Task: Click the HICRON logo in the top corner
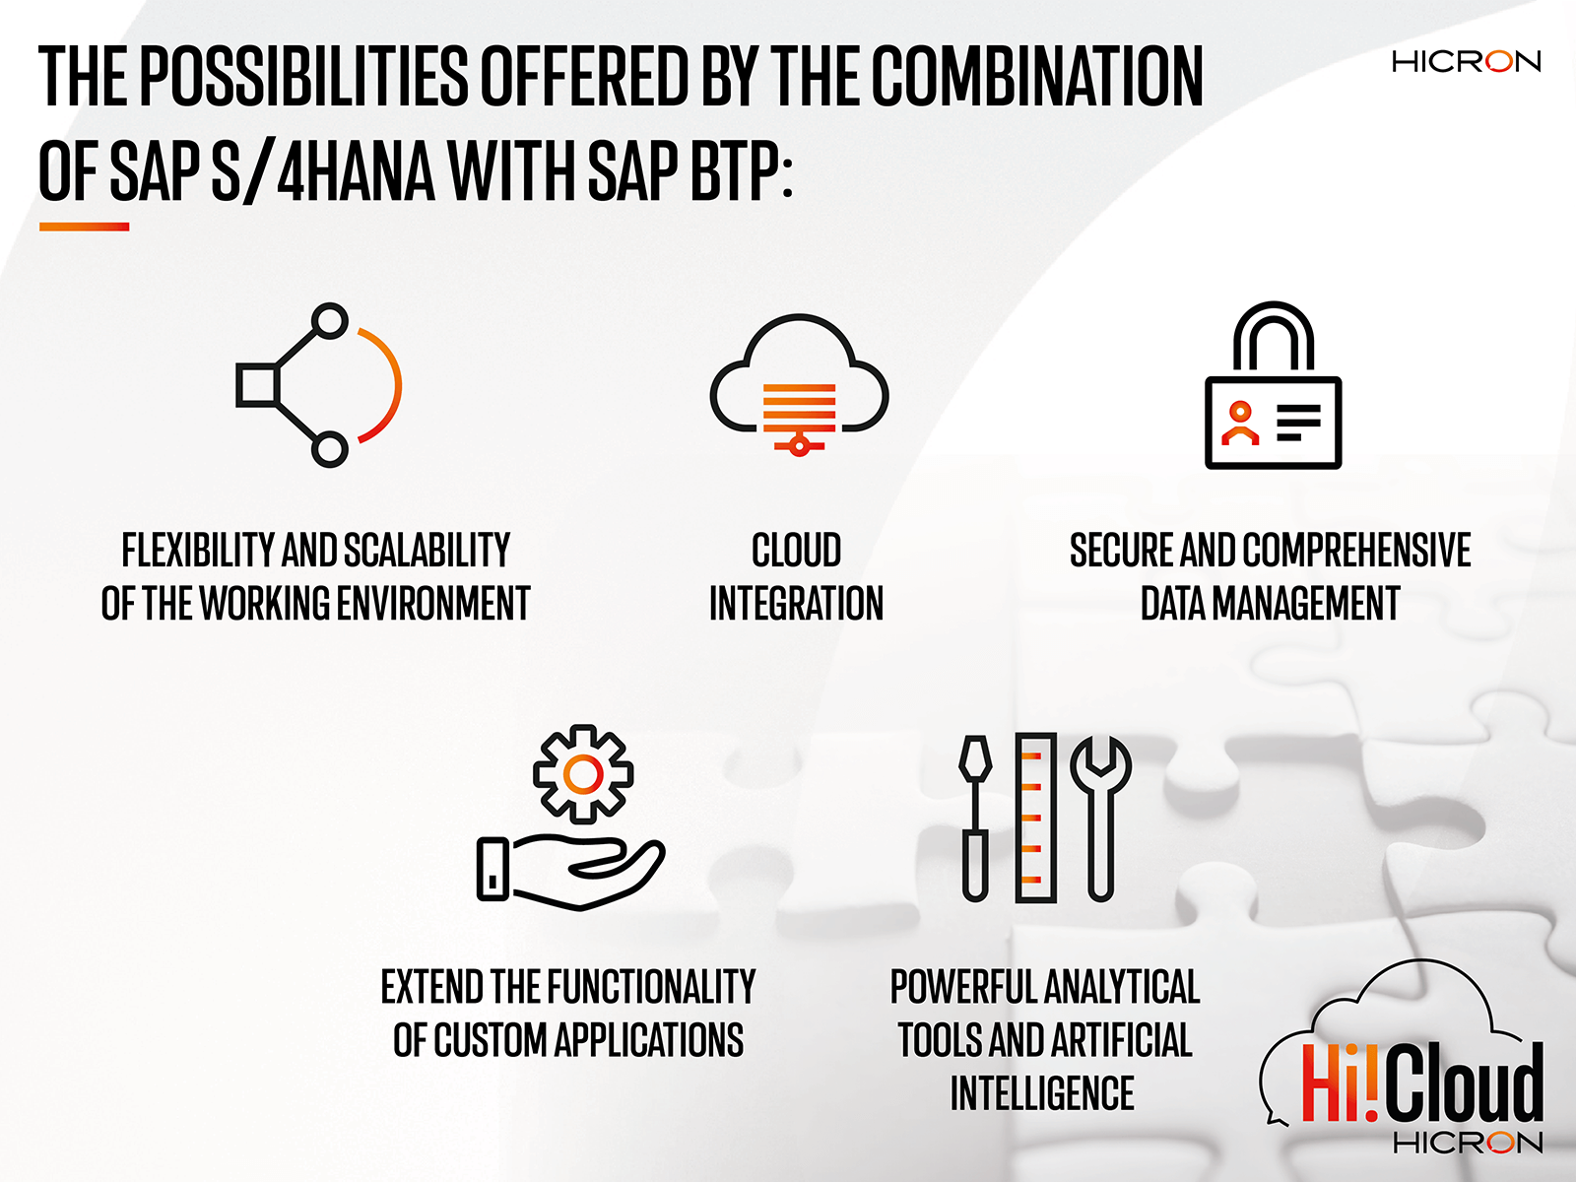(1466, 62)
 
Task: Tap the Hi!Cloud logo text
(1421, 1084)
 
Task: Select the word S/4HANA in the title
(323, 171)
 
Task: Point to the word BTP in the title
(735, 171)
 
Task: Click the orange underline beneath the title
(84, 227)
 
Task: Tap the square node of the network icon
(257, 385)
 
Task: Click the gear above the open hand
(582, 774)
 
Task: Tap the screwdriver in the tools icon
(975, 818)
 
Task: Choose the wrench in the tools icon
(1101, 818)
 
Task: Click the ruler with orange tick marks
(1035, 818)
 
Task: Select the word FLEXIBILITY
(198, 551)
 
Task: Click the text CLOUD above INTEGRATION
(796, 551)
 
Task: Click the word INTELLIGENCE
(1042, 1094)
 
